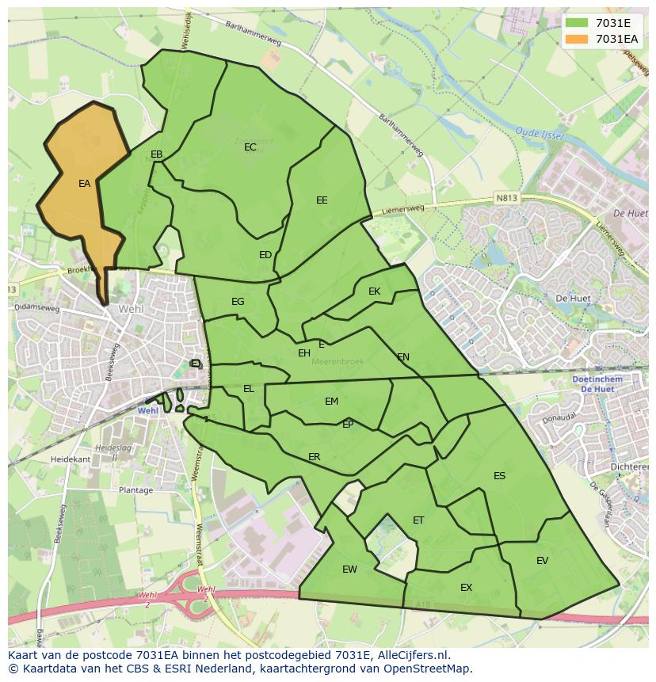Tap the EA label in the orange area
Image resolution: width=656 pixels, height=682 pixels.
84,184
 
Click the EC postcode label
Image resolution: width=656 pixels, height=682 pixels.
250,147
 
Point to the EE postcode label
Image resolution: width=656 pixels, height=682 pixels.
322,200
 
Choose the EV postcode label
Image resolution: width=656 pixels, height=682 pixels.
542,561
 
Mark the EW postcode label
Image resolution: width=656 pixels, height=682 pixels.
349,570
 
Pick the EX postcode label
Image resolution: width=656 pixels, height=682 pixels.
466,588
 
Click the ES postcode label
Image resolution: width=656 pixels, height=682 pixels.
499,476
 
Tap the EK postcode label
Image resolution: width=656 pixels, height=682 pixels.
375,291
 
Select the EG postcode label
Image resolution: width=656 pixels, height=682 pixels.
238,302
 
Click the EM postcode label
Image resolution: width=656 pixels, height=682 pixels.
331,402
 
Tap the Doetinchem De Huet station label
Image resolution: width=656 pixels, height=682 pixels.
596,384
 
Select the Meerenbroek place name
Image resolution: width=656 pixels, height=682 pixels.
338,361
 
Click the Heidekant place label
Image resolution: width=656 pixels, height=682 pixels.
70,459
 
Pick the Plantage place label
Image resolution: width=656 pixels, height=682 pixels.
135,490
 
